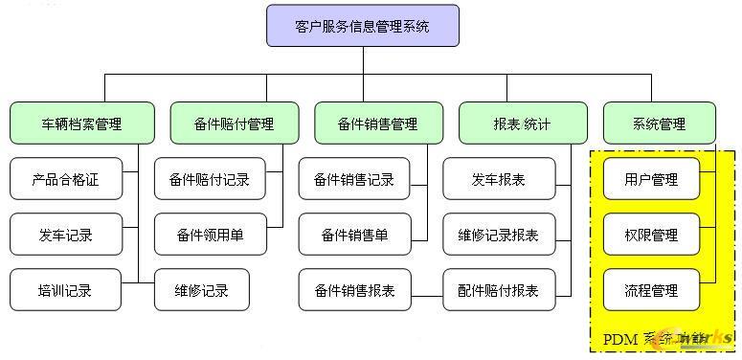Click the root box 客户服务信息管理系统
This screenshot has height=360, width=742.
pyautogui.click(x=363, y=26)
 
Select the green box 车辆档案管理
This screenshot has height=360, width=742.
pyautogui.click(x=82, y=124)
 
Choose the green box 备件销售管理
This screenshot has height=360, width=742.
pyautogui.click(x=378, y=124)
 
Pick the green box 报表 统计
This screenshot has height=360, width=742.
pyautogui.click(x=522, y=124)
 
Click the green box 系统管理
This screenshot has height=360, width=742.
pyautogui.click(x=660, y=124)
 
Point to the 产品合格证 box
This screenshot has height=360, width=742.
pyautogui.click(x=66, y=179)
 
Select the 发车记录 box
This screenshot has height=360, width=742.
pyautogui.click(x=66, y=235)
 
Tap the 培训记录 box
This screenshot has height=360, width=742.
pyautogui.click(x=66, y=290)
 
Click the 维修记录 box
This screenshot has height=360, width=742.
pyautogui.click(x=202, y=290)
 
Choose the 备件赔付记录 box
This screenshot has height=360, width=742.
pyautogui.click(x=210, y=179)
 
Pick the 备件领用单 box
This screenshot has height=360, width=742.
pyautogui.click(x=210, y=235)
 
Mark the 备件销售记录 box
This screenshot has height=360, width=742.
pyautogui.click(x=354, y=179)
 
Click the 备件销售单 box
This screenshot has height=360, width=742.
pyautogui.click(x=354, y=235)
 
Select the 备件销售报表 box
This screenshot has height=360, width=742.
pyautogui.click(x=354, y=290)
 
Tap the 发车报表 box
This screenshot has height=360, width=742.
pyautogui.click(x=499, y=179)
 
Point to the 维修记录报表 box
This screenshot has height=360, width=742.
pyautogui.click(x=499, y=235)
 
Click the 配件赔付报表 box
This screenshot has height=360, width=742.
pyautogui.click(x=499, y=290)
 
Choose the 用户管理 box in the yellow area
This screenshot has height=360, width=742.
pyautogui.click(x=651, y=179)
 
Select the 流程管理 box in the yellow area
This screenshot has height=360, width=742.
pyautogui.click(x=651, y=290)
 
